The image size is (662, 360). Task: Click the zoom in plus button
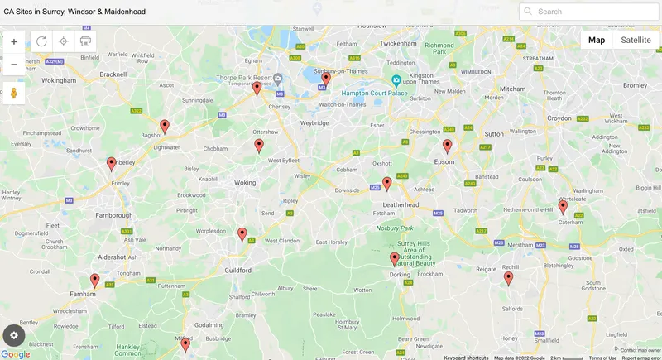(x=14, y=41)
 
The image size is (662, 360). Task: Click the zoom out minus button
(x=14, y=65)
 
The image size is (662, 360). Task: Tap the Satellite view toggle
(x=636, y=40)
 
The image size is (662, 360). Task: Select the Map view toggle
(x=597, y=40)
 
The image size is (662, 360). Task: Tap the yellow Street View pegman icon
(x=14, y=93)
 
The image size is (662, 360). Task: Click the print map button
(x=85, y=41)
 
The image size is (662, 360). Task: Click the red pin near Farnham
(x=95, y=281)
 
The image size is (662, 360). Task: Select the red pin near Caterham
(x=563, y=207)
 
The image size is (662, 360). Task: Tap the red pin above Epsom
(x=447, y=146)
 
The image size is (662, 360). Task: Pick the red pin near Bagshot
(x=165, y=126)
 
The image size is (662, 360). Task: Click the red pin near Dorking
(x=395, y=259)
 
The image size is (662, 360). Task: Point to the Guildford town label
(x=237, y=271)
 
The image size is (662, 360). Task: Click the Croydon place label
(x=559, y=118)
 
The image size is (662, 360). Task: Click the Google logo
(x=16, y=354)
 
